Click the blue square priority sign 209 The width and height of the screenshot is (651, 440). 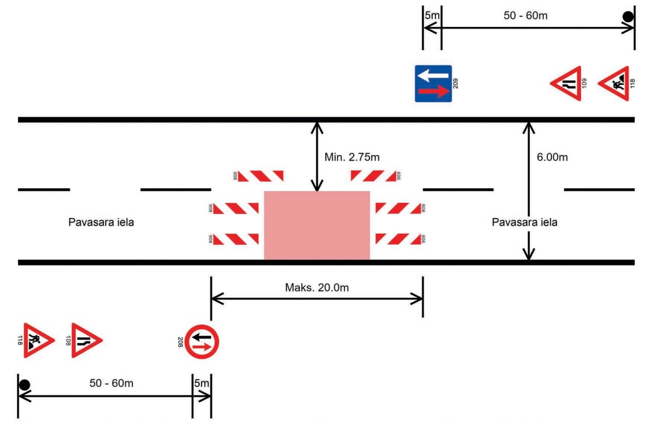pyautogui.click(x=434, y=83)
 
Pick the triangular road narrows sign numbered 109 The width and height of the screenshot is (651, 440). pyautogui.click(x=566, y=83)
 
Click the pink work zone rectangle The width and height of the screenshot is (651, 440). pyautogui.click(x=317, y=225)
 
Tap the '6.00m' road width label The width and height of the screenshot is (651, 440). pyautogui.click(x=552, y=157)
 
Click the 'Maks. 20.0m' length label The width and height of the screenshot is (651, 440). pyautogui.click(x=317, y=288)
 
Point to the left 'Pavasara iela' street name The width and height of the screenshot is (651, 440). pyautogui.click(x=101, y=222)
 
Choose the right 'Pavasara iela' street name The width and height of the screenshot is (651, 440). pyautogui.click(x=525, y=222)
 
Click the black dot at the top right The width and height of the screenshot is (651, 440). pyautogui.click(x=628, y=17)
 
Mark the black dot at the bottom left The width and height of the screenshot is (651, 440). pyautogui.click(x=24, y=385)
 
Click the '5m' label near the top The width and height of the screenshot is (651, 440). pyautogui.click(x=432, y=16)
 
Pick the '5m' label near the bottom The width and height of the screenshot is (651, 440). pyautogui.click(x=202, y=383)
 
